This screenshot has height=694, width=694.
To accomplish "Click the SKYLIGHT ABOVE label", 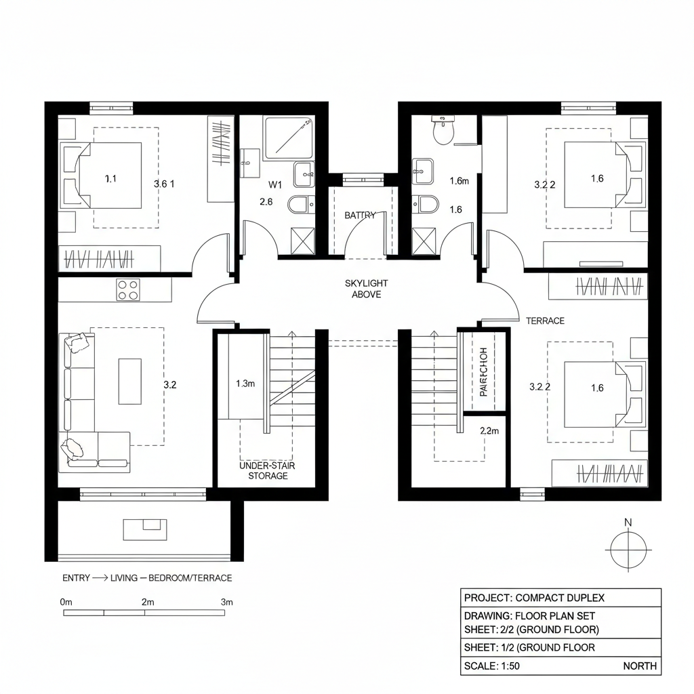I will click(366, 289).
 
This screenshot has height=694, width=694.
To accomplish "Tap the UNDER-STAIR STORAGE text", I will click(268, 471).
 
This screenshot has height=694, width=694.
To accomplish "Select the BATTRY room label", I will click(360, 216).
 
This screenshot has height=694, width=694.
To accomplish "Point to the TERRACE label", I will click(545, 321).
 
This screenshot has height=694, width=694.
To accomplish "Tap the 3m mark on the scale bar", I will click(226, 602).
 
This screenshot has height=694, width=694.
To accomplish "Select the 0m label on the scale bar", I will click(66, 602).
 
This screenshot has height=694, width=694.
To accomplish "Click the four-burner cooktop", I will click(127, 289).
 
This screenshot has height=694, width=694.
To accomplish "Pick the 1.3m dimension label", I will click(245, 384).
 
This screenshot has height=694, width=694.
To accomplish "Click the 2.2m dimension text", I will click(489, 430).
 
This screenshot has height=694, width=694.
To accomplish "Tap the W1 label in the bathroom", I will click(274, 184).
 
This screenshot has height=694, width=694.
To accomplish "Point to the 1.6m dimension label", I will click(460, 181).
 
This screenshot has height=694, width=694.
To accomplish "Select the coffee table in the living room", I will click(130, 381).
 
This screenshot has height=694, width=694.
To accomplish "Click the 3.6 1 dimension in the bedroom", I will click(165, 184).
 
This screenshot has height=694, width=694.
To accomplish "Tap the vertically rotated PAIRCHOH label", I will click(483, 372).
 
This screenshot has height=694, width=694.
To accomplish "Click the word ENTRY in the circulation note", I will click(76, 578).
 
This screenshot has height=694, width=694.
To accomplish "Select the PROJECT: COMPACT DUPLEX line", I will click(534, 598).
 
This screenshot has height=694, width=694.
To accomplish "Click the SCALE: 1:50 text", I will click(491, 666).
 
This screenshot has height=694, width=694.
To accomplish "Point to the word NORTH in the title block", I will click(639, 666).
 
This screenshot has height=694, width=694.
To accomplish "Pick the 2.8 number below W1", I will click(266, 202).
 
